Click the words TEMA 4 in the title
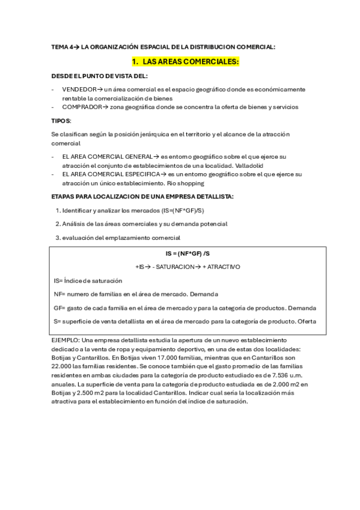(60, 47)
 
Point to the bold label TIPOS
(61, 121)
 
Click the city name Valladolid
(249, 165)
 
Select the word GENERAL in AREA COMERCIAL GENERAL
(133, 156)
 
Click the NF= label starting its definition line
(59, 294)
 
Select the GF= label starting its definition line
(59, 307)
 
